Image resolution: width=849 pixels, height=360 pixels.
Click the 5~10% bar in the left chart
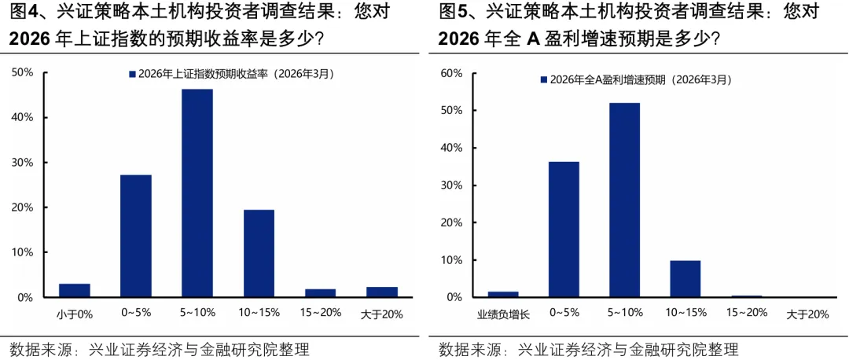[x=197, y=193]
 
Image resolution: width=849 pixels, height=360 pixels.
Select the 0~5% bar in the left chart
[x=135, y=236]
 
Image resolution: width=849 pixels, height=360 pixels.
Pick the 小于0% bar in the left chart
[x=75, y=290]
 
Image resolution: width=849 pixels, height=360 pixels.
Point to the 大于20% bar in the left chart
[x=382, y=292]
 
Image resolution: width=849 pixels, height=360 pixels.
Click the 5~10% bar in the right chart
[x=624, y=200]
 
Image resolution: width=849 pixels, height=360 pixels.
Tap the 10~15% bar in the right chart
[x=685, y=278]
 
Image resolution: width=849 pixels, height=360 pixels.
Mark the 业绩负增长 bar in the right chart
[x=503, y=294]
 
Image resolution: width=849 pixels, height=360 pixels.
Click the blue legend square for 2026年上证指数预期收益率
[x=132, y=74]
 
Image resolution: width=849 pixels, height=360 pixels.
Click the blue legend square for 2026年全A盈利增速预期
[x=543, y=79]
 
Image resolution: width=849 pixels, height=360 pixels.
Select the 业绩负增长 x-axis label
[x=503, y=314]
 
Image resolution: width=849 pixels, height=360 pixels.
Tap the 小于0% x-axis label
[x=75, y=314]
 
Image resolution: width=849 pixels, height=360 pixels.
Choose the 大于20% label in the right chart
[x=807, y=314]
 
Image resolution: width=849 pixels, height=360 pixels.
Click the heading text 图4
[x=24, y=13]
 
